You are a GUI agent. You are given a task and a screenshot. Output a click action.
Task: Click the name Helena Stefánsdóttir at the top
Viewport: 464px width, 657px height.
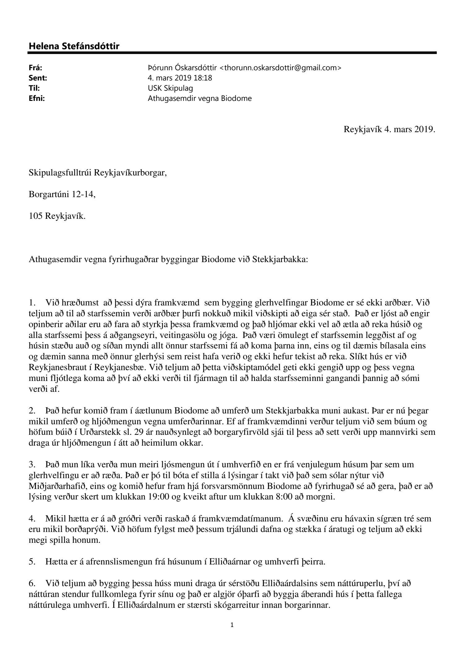74,46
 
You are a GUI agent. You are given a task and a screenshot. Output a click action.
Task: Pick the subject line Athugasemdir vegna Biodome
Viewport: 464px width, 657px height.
200,98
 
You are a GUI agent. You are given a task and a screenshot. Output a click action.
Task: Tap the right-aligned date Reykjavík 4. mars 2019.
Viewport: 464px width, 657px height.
389,129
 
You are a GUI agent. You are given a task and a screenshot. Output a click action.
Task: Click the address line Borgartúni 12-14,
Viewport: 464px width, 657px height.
62,195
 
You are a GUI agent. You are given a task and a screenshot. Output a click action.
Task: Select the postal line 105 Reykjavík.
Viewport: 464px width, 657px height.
57,216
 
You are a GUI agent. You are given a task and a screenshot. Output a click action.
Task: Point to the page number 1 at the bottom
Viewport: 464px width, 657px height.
232,625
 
